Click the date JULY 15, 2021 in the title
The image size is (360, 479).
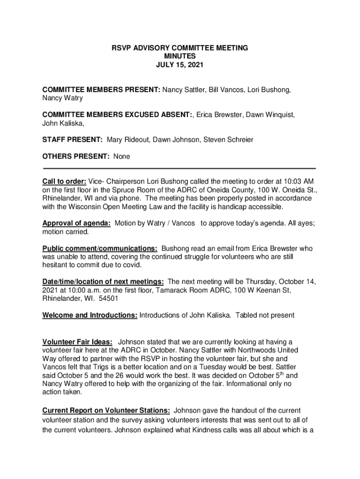(180, 65)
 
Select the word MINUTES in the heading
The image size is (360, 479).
(180, 57)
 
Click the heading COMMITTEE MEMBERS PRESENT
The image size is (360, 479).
(101, 89)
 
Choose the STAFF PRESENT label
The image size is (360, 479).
(72, 140)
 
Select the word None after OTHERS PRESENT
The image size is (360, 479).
(122, 157)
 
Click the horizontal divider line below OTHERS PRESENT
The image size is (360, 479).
(180, 168)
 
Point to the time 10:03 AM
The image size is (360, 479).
(298, 181)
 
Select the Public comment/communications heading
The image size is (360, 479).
(100, 248)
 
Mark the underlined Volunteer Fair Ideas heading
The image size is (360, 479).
(77, 342)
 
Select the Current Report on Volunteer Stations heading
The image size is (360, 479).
(106, 410)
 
